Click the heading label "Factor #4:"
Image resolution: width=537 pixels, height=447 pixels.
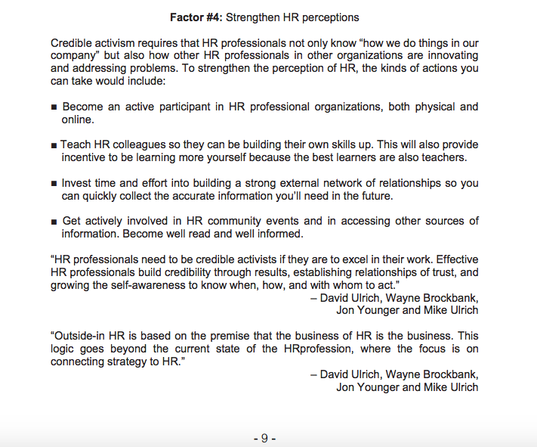coord(197,17)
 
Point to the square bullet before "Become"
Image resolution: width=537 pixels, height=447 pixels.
coord(54,107)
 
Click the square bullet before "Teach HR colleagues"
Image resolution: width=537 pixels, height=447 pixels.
coord(54,145)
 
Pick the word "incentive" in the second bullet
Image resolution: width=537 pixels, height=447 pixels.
coord(86,157)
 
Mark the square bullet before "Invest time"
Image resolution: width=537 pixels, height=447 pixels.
coord(54,184)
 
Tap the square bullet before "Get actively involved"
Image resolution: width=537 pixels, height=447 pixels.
coord(54,222)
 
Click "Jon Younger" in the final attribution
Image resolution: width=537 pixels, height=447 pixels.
coord(368,387)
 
